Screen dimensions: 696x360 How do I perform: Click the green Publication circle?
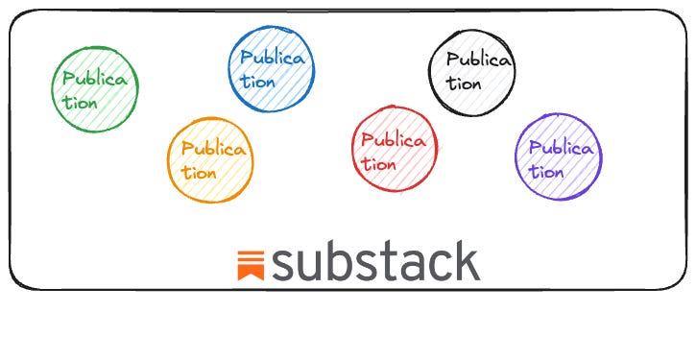(95, 88)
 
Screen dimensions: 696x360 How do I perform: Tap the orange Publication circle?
(211, 159)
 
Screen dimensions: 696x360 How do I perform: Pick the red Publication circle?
(393, 148)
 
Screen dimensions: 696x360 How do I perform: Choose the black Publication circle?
(470, 69)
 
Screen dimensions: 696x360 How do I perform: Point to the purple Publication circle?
(558, 156)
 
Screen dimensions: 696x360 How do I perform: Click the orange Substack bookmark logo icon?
(251, 264)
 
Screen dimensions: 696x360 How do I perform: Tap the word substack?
(374, 261)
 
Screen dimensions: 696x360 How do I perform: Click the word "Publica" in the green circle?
(94, 80)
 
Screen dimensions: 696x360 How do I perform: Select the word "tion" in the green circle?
(80, 102)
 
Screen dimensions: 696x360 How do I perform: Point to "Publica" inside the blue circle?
(273, 59)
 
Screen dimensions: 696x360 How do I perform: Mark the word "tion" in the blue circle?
(257, 82)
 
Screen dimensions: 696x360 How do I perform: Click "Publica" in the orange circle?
(213, 150)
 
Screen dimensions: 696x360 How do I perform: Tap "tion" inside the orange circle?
(199, 173)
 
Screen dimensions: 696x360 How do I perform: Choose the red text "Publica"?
(394, 140)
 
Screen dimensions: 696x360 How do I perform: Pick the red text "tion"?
(378, 163)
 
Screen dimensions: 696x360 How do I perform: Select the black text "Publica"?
(479, 60)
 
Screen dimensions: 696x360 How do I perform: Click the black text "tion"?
(464, 83)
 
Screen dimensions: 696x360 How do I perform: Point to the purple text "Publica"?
(562, 149)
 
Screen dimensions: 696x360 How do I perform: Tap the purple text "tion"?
(546, 172)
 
